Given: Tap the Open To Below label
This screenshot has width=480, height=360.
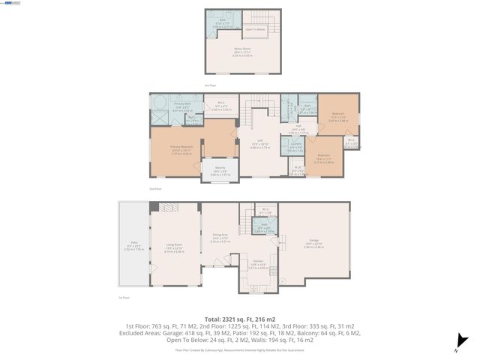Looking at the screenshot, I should (x=256, y=29).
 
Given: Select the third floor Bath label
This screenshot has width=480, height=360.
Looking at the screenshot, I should (x=222, y=22).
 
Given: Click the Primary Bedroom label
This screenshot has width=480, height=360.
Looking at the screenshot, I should (x=181, y=148).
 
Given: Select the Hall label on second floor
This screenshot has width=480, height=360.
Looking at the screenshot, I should (x=298, y=128).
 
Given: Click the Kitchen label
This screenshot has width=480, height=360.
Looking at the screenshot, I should (x=257, y=265).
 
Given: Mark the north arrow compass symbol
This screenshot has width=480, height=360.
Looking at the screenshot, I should (x=459, y=346).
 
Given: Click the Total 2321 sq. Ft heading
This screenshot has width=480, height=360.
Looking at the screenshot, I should (x=239, y=318).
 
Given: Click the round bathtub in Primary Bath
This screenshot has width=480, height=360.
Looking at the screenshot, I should (x=159, y=103).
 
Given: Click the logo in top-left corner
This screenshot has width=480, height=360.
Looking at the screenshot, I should (x=13, y=4).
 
